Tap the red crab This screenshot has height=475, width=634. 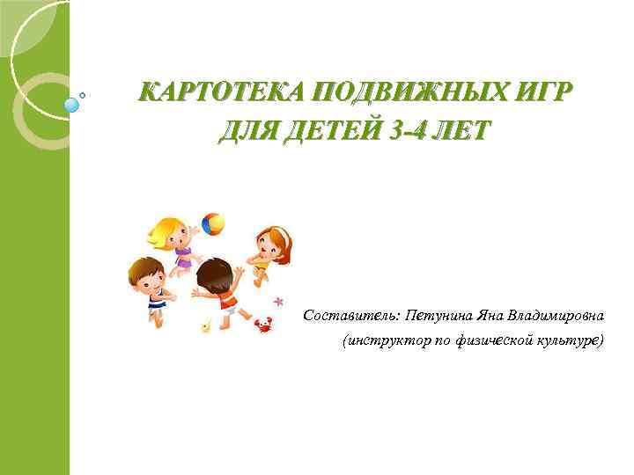coord(262,325)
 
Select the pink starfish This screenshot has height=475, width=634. coord(279,302)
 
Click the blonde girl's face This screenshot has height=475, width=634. coord(173,234)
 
